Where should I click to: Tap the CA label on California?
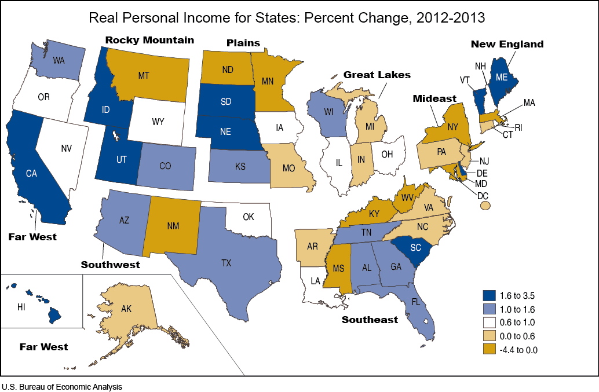click(32, 173)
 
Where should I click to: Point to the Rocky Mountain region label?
click(149, 40)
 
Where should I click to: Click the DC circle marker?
click(485, 205)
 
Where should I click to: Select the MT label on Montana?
click(145, 75)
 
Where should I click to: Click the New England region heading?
click(507, 44)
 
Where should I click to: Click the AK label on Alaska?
click(126, 309)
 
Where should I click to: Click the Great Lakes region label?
click(377, 75)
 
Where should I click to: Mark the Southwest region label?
click(110, 265)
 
